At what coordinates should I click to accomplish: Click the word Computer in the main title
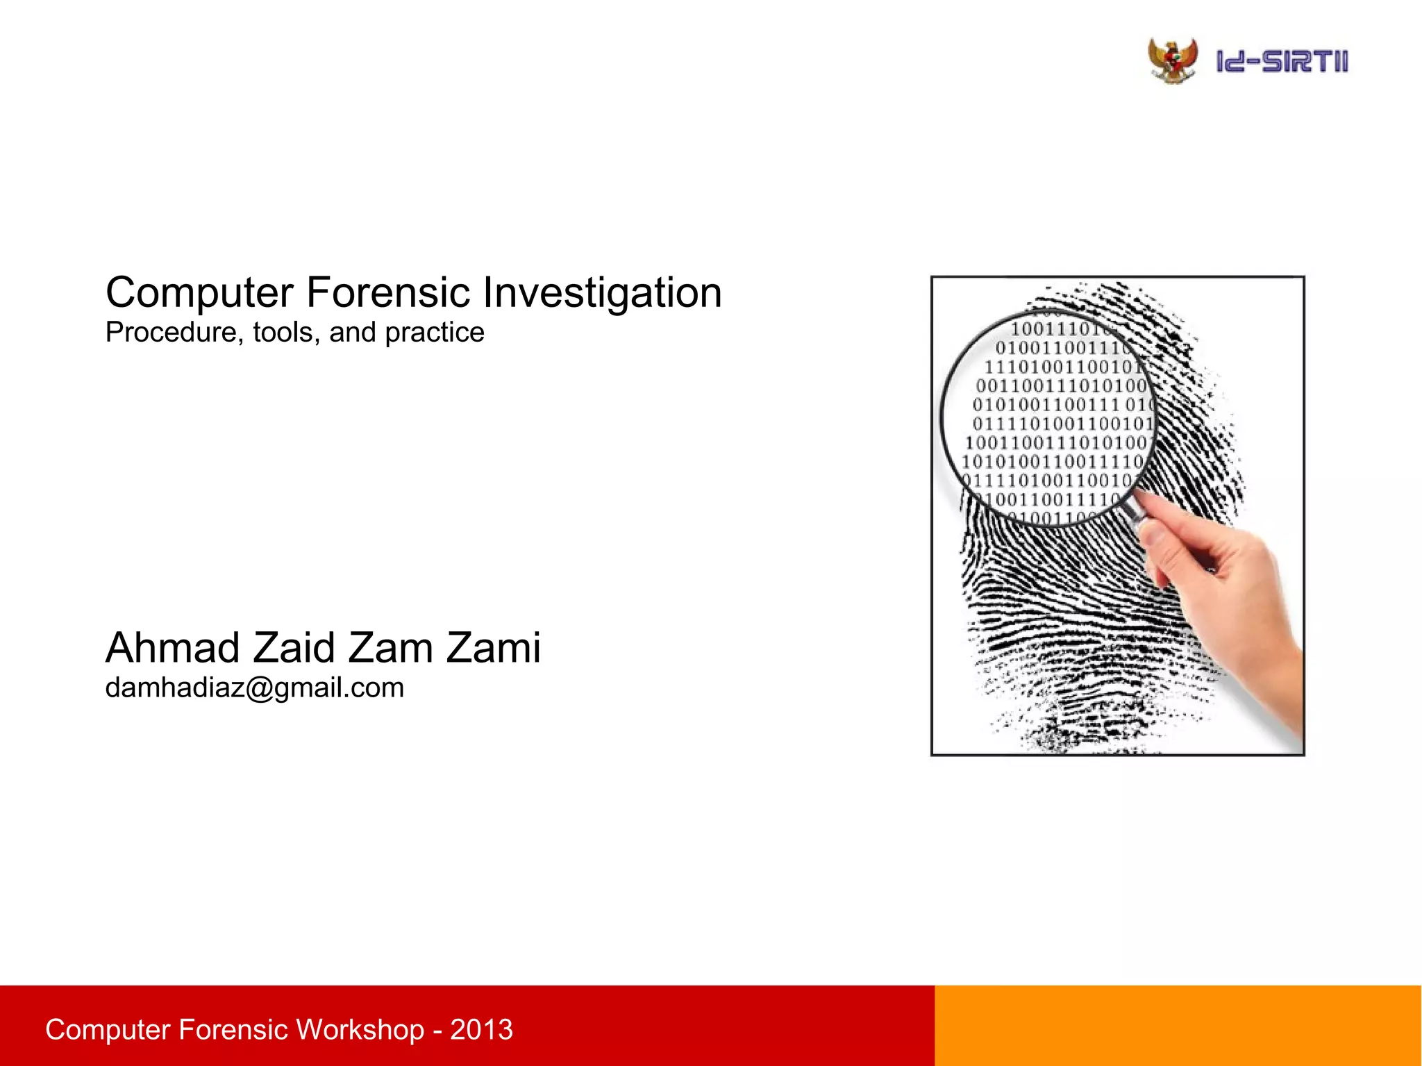pyautogui.click(x=200, y=293)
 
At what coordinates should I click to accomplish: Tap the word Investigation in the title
pyautogui.click(x=602, y=293)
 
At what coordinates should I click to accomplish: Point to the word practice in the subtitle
pyautogui.click(x=435, y=333)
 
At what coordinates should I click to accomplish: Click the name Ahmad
pyautogui.click(x=173, y=648)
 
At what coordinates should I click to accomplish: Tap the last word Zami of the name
pyautogui.click(x=493, y=648)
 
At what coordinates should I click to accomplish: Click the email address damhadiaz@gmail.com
pyautogui.click(x=254, y=688)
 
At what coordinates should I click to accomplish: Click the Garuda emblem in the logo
pyautogui.click(x=1173, y=61)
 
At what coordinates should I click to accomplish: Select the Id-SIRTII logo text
pyautogui.click(x=1282, y=62)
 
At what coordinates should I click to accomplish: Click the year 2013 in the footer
pyautogui.click(x=481, y=1029)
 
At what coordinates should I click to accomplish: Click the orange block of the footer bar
pyautogui.click(x=1178, y=1025)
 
